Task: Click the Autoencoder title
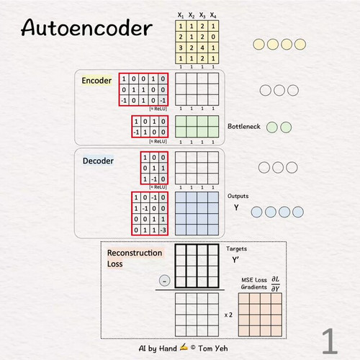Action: [x=86, y=28]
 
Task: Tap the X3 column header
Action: [x=202, y=15]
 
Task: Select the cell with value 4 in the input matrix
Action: [x=202, y=48]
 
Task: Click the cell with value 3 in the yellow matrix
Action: [x=181, y=48]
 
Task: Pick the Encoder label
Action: [x=96, y=81]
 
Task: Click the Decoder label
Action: [x=98, y=161]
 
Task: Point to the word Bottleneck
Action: [x=244, y=126]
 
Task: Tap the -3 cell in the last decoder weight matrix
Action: [x=163, y=230]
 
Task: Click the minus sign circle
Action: [x=164, y=281]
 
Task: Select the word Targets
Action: [x=236, y=249]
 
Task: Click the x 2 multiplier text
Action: [x=228, y=315]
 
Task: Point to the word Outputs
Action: [x=238, y=196]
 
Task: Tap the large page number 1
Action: [x=330, y=341]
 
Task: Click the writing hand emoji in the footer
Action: [x=184, y=347]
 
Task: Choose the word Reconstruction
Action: [x=135, y=253]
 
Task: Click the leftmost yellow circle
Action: [x=258, y=45]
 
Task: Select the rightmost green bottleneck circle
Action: [x=286, y=127]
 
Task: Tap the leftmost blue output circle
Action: [x=256, y=212]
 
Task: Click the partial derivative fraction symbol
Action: [x=276, y=284]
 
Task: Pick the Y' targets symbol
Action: [x=235, y=260]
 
